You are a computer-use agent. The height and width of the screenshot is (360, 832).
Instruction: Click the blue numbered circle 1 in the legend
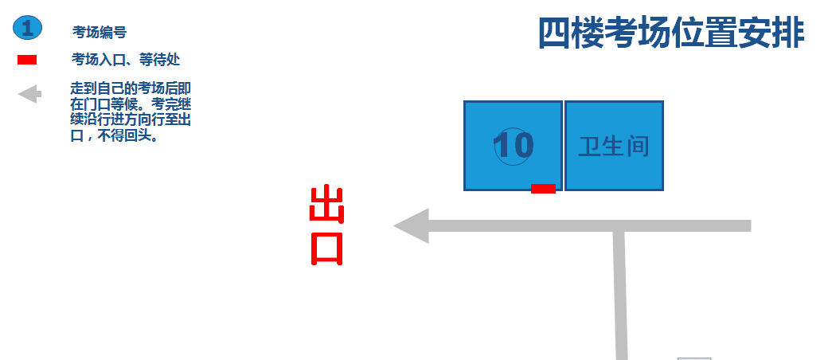27,29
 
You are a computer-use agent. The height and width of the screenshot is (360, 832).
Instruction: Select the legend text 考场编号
100,33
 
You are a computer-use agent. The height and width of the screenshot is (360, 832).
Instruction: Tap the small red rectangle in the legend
27,60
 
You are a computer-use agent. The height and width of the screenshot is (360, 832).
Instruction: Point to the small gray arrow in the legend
29,95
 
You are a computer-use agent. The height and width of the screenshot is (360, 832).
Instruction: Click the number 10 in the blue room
513,146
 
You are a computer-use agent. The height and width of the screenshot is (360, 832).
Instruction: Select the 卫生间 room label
614,147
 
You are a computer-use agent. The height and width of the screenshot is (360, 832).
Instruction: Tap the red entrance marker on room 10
543,189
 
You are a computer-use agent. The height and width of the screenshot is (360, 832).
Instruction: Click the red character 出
326,206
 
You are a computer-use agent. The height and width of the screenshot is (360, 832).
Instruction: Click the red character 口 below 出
326,248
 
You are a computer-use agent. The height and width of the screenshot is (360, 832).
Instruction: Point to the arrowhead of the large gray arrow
411,226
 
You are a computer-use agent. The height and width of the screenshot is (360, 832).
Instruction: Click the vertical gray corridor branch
620,303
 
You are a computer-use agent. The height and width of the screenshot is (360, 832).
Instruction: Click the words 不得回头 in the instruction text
129,135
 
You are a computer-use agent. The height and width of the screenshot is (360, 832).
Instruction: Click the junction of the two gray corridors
618,227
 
